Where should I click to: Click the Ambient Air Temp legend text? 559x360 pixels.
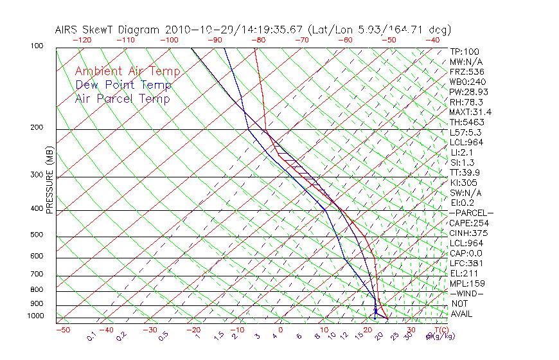127,71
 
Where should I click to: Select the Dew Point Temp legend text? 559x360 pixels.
123,85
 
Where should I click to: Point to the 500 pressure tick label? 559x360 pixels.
37,235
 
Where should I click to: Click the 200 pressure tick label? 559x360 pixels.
37,127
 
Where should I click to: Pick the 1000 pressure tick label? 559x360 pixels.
35,316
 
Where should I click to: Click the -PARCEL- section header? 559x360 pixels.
472,213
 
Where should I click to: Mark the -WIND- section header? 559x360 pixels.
466,293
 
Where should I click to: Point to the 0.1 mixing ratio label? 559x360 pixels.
91,336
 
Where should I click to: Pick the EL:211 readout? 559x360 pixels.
462,273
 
